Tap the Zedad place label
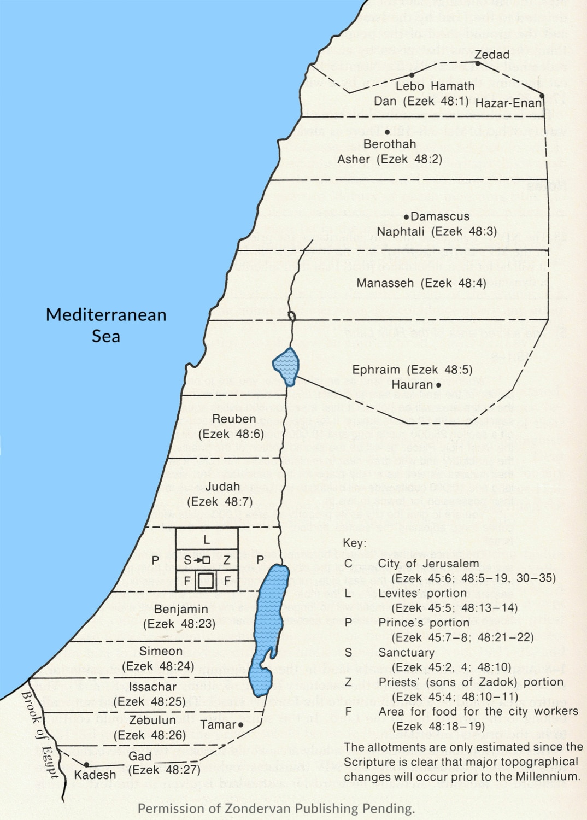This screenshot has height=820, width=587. tap(492, 55)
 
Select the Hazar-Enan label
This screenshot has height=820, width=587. tap(508, 103)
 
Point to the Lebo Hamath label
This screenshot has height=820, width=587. tap(435, 86)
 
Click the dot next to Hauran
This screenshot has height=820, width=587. tap(438, 385)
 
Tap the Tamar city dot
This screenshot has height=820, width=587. tap(240, 725)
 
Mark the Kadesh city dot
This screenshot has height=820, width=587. tap(86, 765)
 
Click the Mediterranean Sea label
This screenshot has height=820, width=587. tap(106, 325)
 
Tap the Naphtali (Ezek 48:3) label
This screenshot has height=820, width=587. tap(437, 232)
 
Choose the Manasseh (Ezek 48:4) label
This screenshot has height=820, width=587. tap(421, 283)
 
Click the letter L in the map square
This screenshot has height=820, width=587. tap(207, 540)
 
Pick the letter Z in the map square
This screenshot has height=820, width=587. tap(226, 560)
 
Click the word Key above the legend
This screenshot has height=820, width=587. tap(355, 543)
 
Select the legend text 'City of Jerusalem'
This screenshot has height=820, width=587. tap(428, 564)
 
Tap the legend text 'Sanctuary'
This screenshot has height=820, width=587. tap(406, 653)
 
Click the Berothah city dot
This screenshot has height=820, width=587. tap(387, 132)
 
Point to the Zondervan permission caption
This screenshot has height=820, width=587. tap(276, 809)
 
